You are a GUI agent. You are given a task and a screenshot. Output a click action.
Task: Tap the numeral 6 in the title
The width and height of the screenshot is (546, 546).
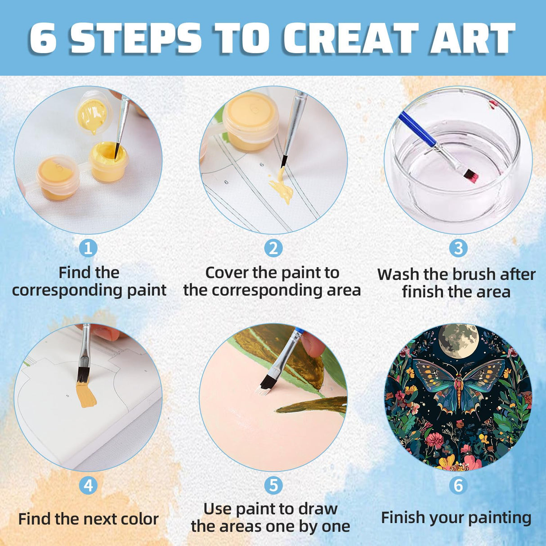(43, 38)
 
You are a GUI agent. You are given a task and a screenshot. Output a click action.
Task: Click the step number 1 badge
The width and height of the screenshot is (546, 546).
(88, 248)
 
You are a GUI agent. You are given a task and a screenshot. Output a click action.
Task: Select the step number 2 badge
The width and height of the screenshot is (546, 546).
(273, 248)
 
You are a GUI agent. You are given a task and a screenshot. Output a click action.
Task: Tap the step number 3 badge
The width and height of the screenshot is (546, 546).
(458, 248)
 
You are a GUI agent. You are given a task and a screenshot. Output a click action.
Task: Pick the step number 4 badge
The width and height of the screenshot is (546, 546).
(88, 485)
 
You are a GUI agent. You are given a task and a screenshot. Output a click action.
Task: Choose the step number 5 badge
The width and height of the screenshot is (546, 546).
(273, 485)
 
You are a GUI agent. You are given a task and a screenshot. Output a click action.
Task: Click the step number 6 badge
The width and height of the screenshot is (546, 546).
(458, 485)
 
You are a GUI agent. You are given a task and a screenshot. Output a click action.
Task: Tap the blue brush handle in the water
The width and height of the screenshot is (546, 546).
(417, 130)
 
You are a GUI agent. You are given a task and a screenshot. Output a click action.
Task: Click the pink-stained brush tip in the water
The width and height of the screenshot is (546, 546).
(471, 176)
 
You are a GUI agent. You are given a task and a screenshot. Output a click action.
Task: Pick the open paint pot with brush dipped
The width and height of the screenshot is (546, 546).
(109, 161)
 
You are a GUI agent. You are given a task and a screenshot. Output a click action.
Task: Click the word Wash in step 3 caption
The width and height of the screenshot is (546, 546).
(398, 274)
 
